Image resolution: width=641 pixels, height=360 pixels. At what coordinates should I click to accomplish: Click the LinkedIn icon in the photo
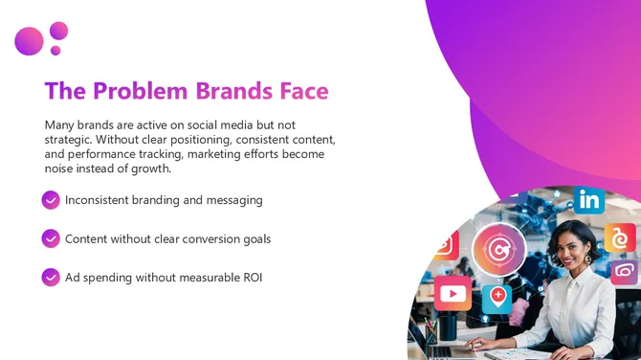click(589, 200)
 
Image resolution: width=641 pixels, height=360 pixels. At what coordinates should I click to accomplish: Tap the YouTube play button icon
click(452, 294)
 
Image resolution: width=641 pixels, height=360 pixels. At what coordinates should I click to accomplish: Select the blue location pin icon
click(497, 296)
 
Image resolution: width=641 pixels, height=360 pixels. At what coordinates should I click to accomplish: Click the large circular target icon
click(498, 250)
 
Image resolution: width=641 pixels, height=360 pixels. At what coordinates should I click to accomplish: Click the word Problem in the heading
click(142, 91)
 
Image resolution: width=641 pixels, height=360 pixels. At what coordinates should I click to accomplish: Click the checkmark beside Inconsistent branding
click(51, 200)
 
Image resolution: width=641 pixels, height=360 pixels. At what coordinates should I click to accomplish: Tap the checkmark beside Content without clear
click(51, 238)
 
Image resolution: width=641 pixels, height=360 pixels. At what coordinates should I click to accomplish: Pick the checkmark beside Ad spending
click(51, 277)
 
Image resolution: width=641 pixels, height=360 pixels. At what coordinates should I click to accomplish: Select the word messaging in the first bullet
click(231, 200)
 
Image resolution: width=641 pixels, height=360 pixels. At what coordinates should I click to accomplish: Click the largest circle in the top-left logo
click(29, 41)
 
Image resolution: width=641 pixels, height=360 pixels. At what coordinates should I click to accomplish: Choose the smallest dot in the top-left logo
click(55, 51)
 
